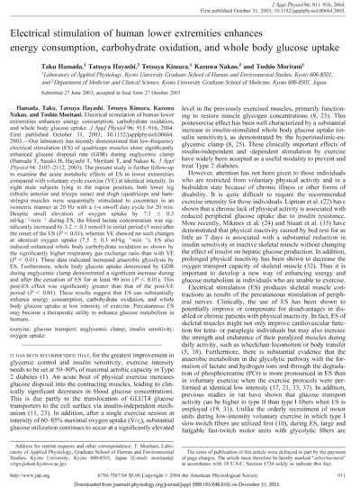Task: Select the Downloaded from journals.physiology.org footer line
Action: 180,481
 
